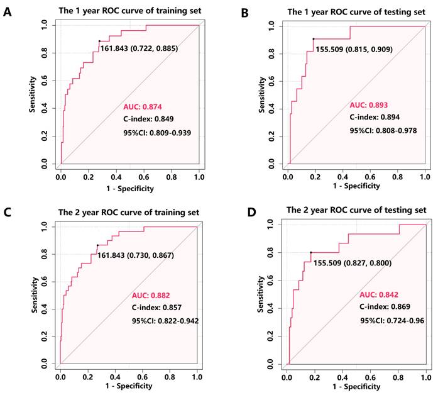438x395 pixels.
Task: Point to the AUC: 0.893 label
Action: click(368, 106)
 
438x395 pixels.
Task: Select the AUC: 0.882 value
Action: click(151, 295)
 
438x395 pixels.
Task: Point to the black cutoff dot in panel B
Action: click(314, 39)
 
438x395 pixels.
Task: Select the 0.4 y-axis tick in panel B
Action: click(271, 109)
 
